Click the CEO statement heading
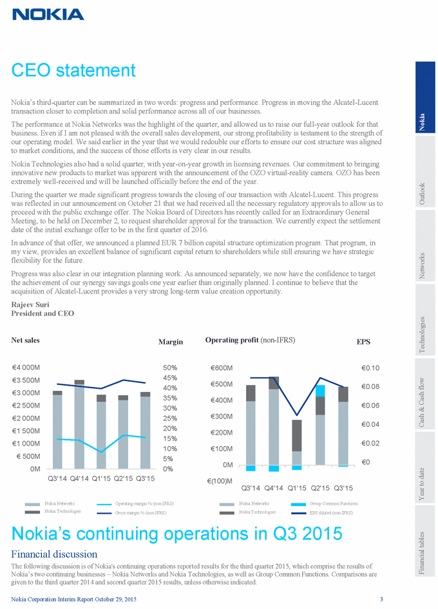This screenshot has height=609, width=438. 73,70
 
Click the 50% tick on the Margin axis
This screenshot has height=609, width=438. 170,368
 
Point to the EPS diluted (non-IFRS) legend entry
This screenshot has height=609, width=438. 332,512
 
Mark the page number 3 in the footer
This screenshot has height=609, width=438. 382,600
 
